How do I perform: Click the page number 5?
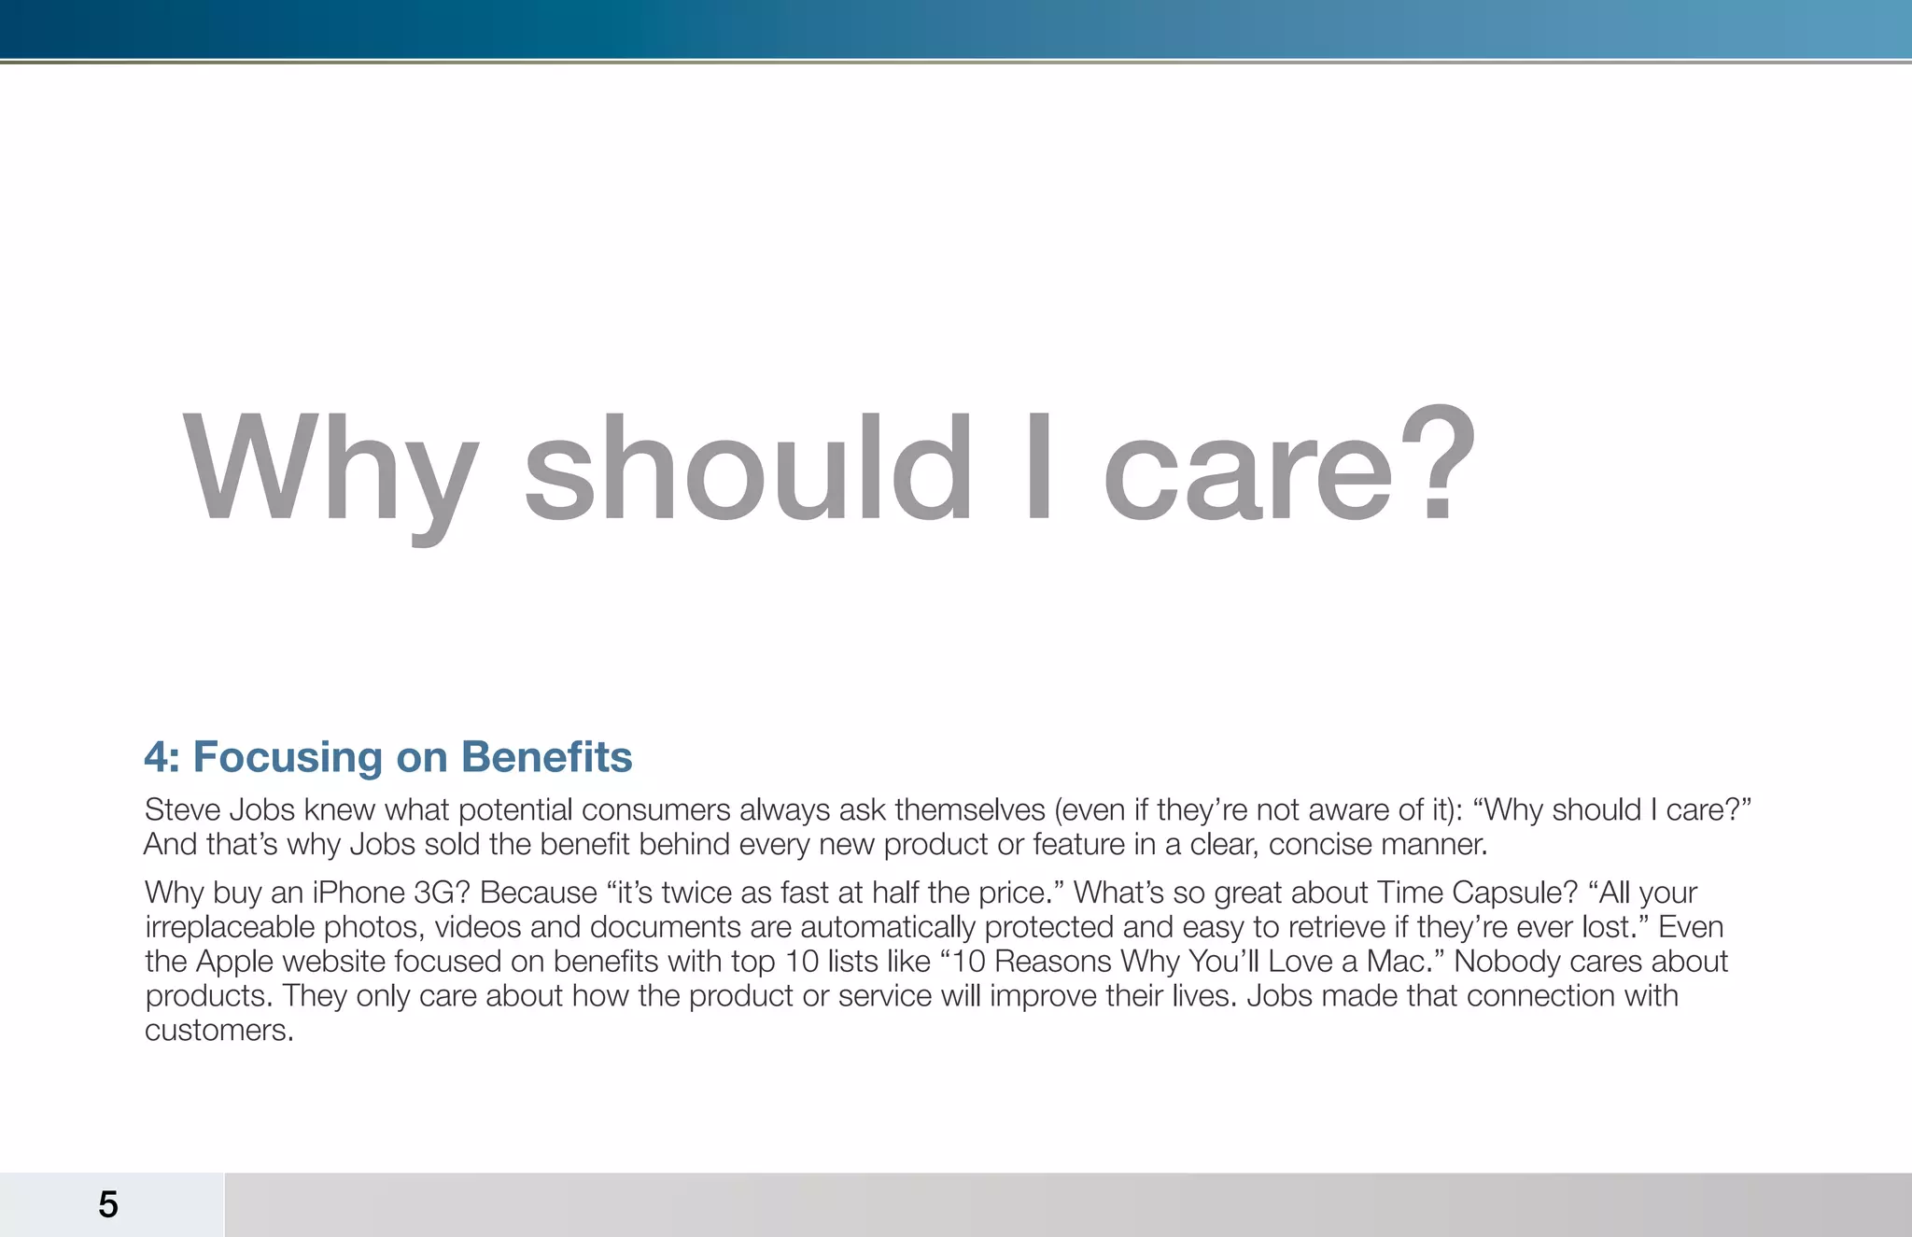point(108,1204)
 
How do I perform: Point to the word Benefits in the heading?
point(546,757)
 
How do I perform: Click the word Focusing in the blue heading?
point(288,757)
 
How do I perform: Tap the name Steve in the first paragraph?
point(181,809)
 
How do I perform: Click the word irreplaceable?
point(230,927)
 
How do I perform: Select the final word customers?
point(218,1031)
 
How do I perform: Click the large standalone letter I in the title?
point(1038,467)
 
